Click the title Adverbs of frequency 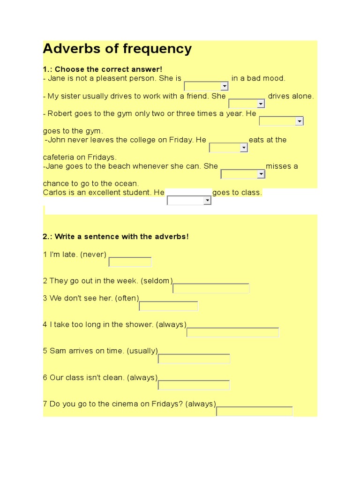(117, 49)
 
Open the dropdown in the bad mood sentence (206, 86)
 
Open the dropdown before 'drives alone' (247, 104)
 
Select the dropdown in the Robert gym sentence (281, 121)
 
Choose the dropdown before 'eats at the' (228, 148)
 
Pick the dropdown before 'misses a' (243, 174)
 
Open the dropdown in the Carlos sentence (189, 201)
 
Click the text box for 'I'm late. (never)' (130, 262)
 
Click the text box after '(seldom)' (211, 288)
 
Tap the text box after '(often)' (169, 306)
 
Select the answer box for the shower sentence (232, 332)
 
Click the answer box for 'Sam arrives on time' (194, 359)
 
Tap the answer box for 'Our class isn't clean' (194, 385)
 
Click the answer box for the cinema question (254, 412)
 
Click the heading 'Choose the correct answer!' (109, 69)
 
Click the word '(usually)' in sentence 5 (142, 351)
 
